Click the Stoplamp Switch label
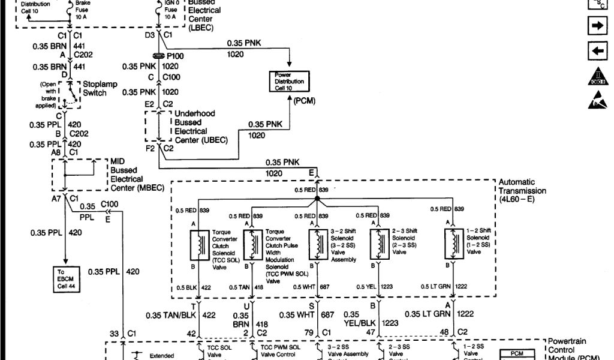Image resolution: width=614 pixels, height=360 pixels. (95, 89)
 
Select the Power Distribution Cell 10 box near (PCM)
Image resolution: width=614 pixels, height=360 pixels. (288, 82)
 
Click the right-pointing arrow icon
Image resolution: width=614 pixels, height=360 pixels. (597, 26)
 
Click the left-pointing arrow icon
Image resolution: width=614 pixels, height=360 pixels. (597, 51)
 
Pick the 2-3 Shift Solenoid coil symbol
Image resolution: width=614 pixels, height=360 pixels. (378, 243)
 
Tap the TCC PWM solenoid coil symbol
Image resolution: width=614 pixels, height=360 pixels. (251, 243)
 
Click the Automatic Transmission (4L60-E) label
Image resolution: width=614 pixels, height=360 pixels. (522, 190)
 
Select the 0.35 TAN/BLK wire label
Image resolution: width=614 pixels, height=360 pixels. (173, 314)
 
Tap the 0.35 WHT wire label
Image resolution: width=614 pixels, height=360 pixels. (296, 314)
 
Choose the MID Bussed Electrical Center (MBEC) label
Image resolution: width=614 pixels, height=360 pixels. (127, 175)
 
